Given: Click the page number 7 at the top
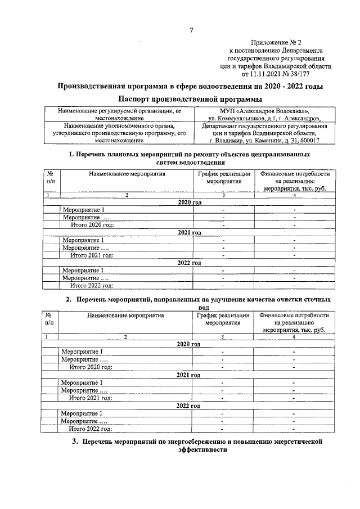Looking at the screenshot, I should (x=191, y=30).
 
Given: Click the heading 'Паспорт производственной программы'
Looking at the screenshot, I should (x=191, y=99).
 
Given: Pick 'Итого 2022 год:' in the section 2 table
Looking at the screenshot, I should (x=91, y=428).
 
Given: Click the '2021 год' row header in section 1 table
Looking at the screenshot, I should (x=189, y=232).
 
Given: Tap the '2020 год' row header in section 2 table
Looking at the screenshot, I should (x=188, y=344).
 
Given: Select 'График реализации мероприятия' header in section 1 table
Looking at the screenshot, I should (x=223, y=178).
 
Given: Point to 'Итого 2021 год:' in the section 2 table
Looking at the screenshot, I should (x=91, y=398).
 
